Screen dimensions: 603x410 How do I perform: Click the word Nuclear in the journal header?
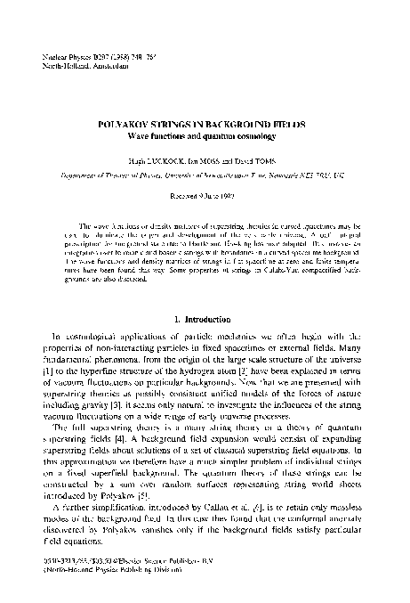click(55, 55)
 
